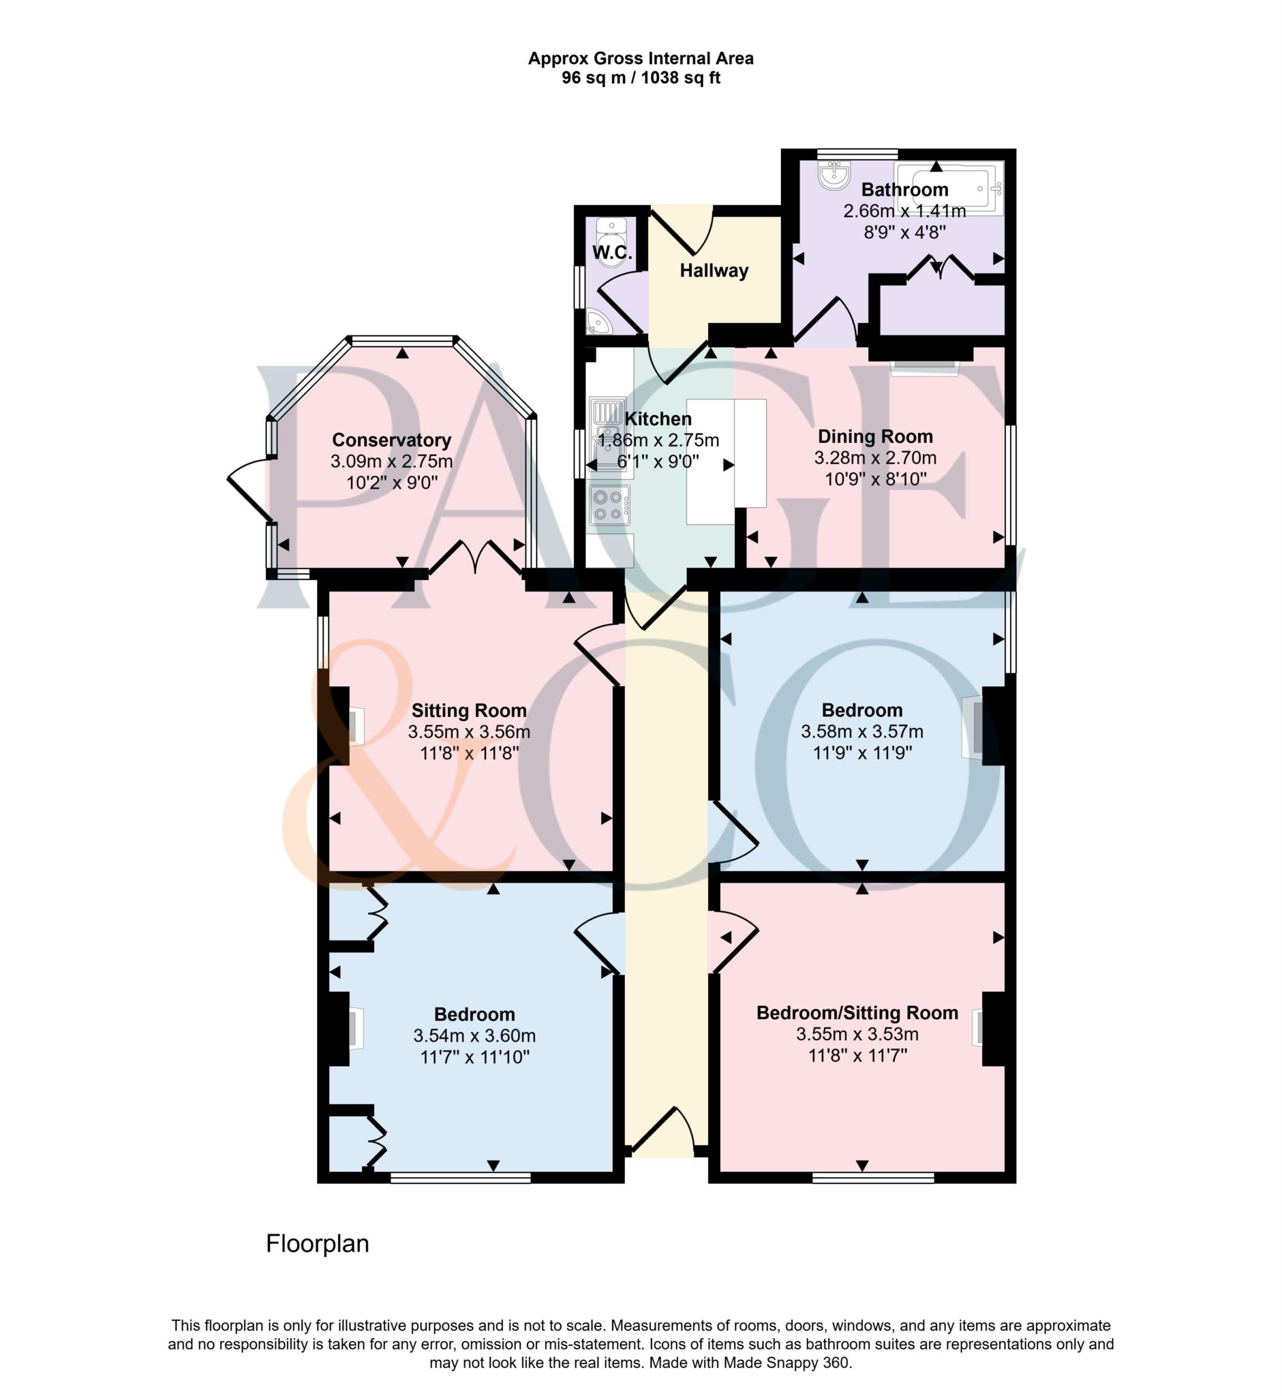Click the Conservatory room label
click(391, 440)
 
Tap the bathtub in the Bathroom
click(949, 188)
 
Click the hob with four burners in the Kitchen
click(610, 505)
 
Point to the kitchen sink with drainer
click(609, 437)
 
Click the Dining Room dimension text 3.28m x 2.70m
click(875, 458)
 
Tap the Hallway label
click(714, 271)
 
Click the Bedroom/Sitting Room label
click(857, 1013)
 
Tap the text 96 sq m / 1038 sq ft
click(640, 78)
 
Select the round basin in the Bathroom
click(833, 175)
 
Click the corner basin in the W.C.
click(595, 322)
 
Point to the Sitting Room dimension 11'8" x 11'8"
click(469, 753)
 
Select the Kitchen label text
click(658, 419)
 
